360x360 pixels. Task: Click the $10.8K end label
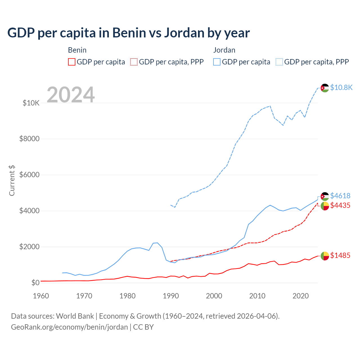[341, 87]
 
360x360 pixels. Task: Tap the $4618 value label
[340, 196]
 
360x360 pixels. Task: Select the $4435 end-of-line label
[340, 206]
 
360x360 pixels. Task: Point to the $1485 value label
[340, 255]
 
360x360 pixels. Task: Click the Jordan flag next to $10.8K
[325, 88]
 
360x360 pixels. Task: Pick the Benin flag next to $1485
[325, 256]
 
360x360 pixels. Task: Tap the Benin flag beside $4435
[325, 206]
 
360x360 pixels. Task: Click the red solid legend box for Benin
[72, 62]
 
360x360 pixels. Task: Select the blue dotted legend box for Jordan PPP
[279, 62]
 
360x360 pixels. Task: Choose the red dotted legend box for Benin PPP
[134, 62]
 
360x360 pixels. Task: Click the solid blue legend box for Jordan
[217, 62]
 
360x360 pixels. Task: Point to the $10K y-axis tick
[31, 103]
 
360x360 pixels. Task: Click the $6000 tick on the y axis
[29, 175]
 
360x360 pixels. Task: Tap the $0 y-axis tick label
[35, 283]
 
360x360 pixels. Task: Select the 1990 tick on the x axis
[171, 296]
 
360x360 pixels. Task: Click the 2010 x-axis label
[257, 296]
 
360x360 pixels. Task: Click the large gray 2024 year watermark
[71, 95]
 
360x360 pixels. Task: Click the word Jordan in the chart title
[184, 33]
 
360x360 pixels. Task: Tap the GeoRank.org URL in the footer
[69, 327]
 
